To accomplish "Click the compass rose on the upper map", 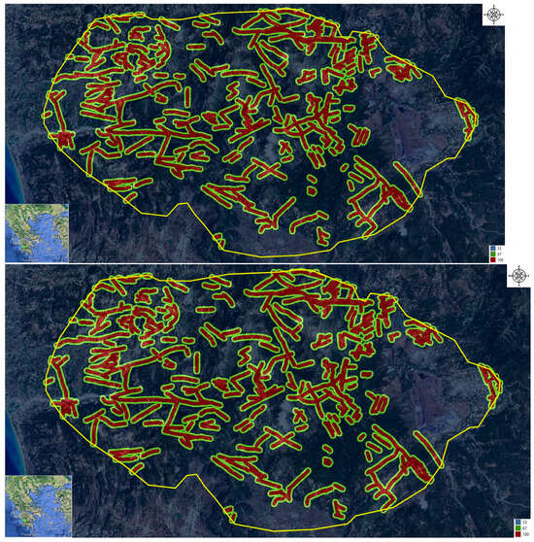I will pos(494,14).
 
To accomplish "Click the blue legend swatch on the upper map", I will pos(492,250).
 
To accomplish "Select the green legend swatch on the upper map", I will pos(492,254).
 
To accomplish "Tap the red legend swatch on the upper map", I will pos(492,260).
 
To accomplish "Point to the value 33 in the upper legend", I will pos(499,250).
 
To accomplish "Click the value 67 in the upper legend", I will pos(499,254).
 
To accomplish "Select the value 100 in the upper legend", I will pos(500,260).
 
